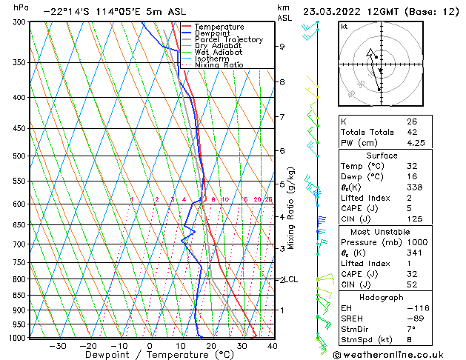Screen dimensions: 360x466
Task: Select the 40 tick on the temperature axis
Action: pyautogui.click(x=273, y=345)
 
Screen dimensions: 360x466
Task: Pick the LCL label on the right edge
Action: pyautogui.click(x=292, y=279)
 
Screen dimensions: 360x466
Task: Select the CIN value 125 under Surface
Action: pyautogui.click(x=414, y=219)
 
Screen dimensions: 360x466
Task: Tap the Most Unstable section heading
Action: pyautogui.click(x=381, y=231)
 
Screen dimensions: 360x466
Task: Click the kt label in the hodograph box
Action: pyautogui.click(x=344, y=26)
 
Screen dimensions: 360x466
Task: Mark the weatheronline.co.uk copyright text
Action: pyautogui.click(x=403, y=353)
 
